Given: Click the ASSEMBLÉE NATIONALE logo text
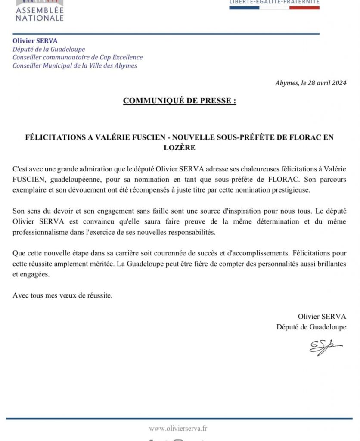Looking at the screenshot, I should (x=40, y=14).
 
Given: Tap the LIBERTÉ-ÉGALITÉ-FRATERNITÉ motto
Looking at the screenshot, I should (x=274, y=2).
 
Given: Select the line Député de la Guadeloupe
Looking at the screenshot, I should (x=49, y=50).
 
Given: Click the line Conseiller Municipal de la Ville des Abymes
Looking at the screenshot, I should (x=75, y=65).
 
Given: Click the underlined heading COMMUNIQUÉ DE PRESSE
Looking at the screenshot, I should (x=179, y=101).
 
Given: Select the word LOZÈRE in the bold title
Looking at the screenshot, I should (x=180, y=147).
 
